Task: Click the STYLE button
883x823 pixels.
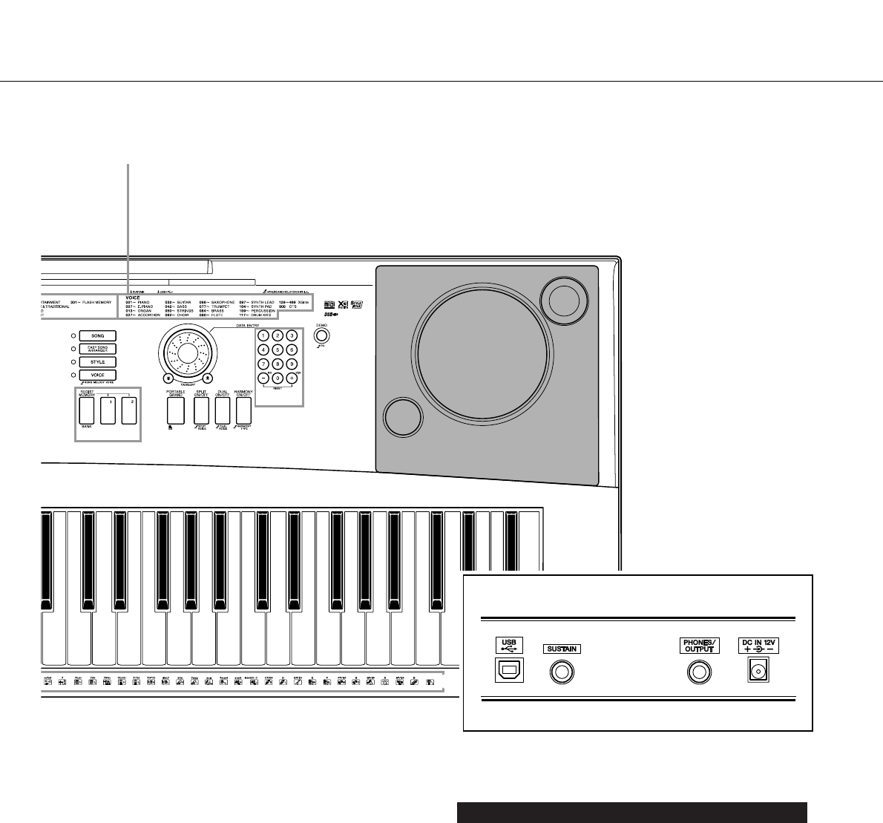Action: [x=97, y=362]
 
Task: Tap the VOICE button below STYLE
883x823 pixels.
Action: [x=97, y=376]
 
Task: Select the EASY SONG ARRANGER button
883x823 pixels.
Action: [x=97, y=349]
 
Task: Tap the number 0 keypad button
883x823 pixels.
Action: [x=277, y=378]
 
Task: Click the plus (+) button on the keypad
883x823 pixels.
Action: [x=292, y=378]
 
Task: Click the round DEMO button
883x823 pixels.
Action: [x=321, y=335]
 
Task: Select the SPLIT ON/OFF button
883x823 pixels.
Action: [x=200, y=411]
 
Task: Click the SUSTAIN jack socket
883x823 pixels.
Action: [x=562, y=672]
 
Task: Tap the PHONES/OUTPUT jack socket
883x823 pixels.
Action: [x=698, y=672]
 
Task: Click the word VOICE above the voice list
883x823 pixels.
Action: [x=133, y=298]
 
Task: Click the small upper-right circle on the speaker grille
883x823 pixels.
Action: [x=564, y=298]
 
